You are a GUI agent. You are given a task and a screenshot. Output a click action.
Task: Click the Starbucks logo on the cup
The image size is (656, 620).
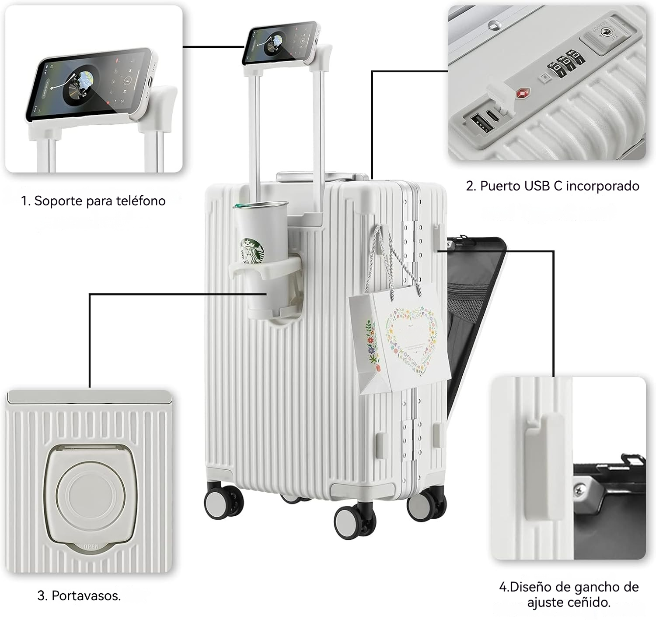point(253,251)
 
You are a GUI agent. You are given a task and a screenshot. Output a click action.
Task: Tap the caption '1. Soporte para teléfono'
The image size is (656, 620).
point(93,201)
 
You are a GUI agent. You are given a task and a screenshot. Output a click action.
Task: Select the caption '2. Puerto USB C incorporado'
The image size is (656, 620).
point(552,186)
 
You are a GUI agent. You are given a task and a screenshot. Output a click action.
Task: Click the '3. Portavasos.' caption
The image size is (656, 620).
point(79,595)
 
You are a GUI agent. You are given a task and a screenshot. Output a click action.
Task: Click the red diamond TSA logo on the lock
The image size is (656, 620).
point(523,94)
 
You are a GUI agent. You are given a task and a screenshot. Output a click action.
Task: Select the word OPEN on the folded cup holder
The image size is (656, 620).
point(91,547)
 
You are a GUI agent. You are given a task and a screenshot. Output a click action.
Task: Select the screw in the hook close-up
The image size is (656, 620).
point(581,487)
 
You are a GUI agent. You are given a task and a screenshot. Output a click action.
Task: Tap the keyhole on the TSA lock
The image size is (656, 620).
point(606,32)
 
